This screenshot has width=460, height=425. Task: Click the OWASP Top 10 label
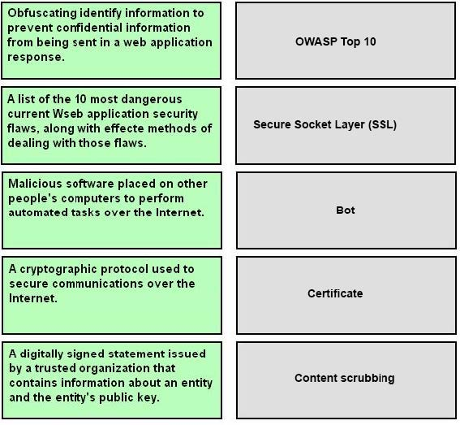coord(335,41)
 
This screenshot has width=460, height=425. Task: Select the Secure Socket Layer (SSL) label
coord(325,124)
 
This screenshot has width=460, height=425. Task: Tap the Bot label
coord(346,210)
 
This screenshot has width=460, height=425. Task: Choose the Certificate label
coord(335,293)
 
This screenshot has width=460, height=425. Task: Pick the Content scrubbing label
coord(345,378)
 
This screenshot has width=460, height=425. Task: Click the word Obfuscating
coord(41,13)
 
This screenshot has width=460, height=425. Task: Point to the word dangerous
coord(152,99)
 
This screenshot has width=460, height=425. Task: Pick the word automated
coord(38,213)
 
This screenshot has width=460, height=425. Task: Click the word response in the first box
coord(36,58)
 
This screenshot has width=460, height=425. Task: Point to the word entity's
coord(75,397)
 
